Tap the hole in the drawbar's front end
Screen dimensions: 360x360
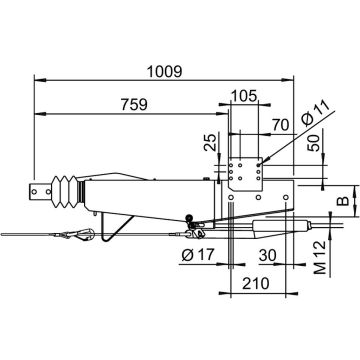tap(43, 190)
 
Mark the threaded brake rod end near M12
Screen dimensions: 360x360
tap(320, 227)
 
